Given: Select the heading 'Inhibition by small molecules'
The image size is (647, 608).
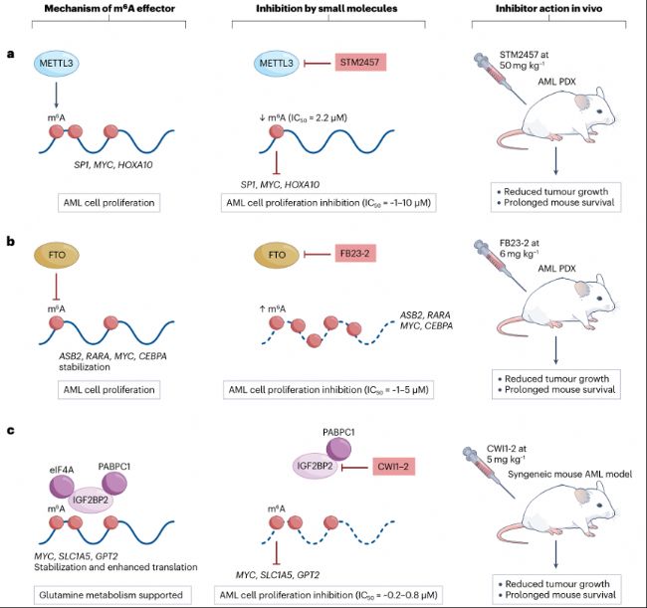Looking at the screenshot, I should click(325, 11).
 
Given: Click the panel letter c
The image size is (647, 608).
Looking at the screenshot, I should click(11, 430).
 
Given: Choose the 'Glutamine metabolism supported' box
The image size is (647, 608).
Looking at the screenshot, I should click(104, 594).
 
